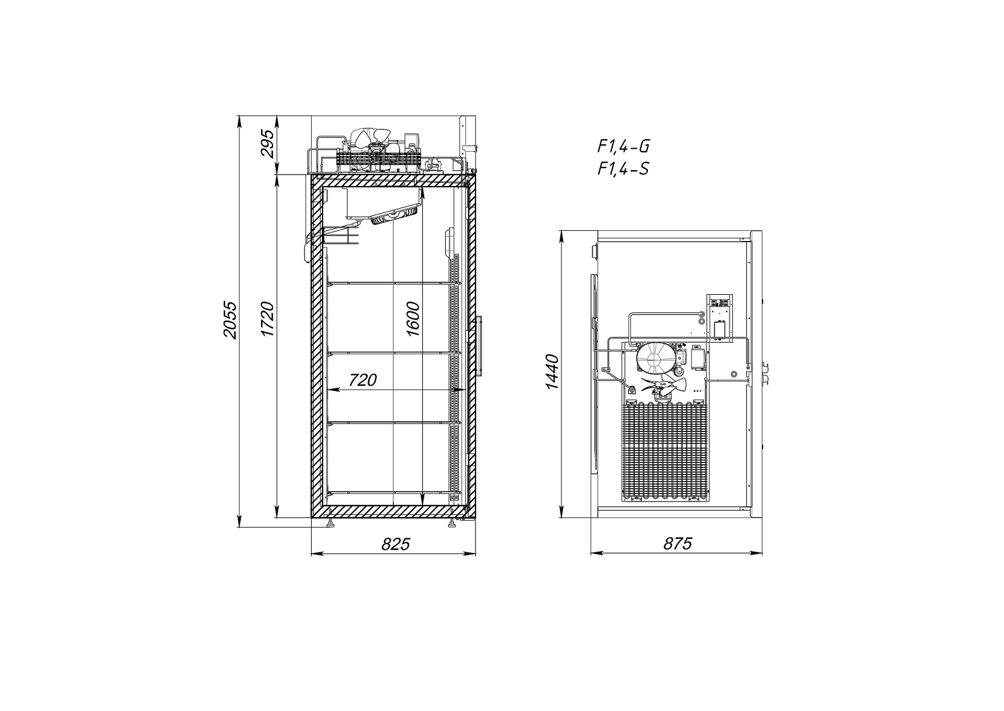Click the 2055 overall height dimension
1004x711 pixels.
click(x=230, y=320)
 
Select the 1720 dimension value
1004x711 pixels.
click(x=267, y=319)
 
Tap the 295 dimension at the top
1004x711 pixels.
click(x=267, y=144)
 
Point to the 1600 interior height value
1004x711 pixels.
click(x=412, y=319)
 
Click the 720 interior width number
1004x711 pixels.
click(x=363, y=380)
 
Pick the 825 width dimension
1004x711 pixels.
click(x=396, y=544)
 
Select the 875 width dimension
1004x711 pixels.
click(x=678, y=543)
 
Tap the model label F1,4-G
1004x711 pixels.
click(x=623, y=146)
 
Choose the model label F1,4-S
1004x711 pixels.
click(x=623, y=169)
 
